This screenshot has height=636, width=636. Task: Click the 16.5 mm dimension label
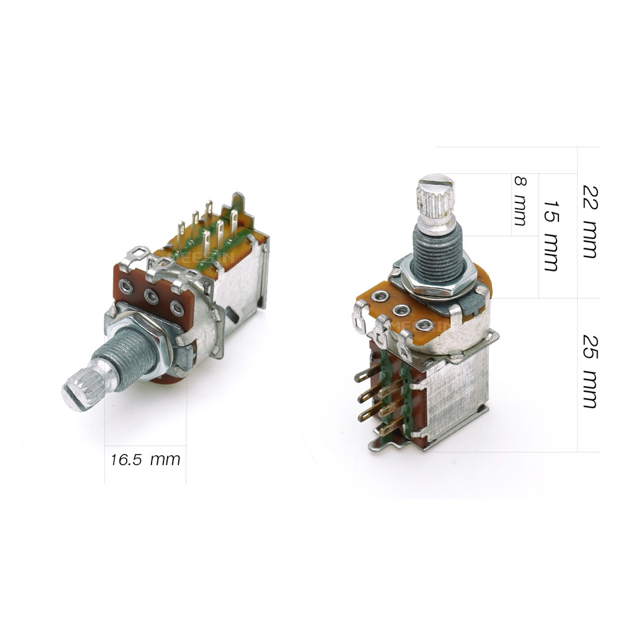tap(145, 460)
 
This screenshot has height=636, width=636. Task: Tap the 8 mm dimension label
tap(520, 201)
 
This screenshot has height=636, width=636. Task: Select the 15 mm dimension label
tap(551, 235)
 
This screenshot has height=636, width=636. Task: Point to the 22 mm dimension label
tap(590, 222)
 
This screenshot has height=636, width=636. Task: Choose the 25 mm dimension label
tap(590, 371)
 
